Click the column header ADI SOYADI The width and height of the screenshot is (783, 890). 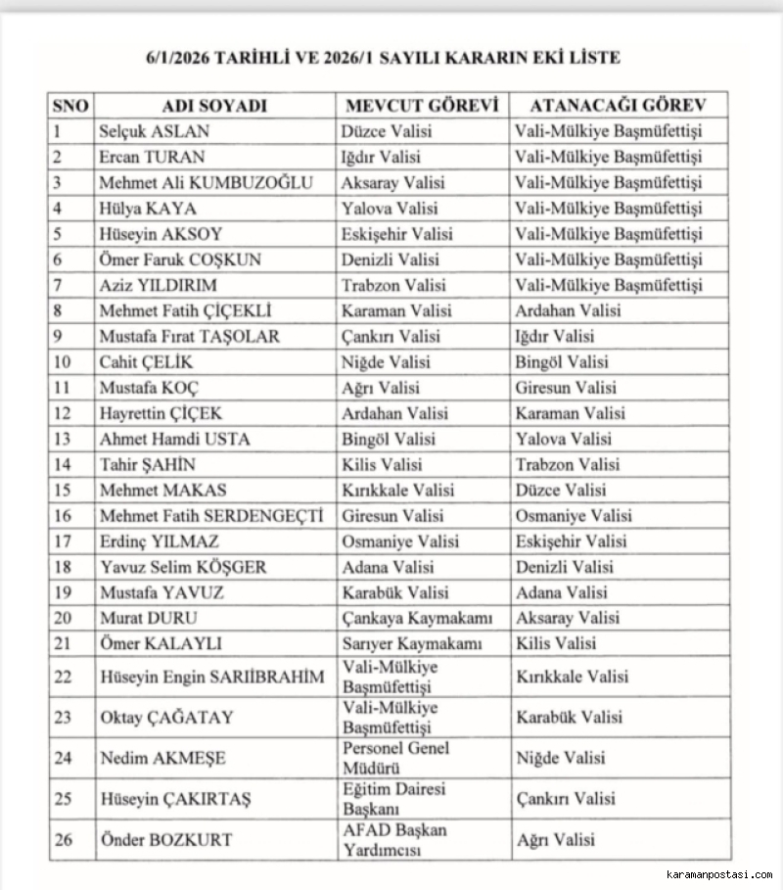tap(213, 106)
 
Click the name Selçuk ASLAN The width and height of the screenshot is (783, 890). tap(155, 131)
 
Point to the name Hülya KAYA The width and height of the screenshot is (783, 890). tap(148, 209)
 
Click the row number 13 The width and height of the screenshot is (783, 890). tap(62, 439)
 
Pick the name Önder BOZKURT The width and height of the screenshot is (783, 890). tap(167, 840)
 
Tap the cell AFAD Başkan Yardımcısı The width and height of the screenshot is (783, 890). tap(394, 840)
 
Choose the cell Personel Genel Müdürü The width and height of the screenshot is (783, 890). tap(395, 758)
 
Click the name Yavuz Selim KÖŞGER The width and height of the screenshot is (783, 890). tap(183, 567)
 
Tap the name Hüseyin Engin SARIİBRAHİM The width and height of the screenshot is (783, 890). tap(212, 677)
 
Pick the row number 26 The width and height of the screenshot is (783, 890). tap(62, 840)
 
